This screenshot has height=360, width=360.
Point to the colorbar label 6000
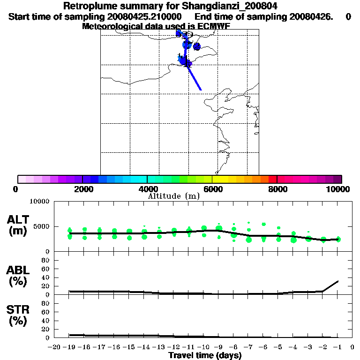[x=212, y=189]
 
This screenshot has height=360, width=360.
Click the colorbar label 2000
[x=83, y=189]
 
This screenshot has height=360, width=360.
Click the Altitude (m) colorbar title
[x=174, y=196]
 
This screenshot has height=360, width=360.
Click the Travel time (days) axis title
[x=205, y=356]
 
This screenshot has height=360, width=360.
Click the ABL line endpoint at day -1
[x=338, y=281]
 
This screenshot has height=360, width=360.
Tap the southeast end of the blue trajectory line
[x=201, y=90]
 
